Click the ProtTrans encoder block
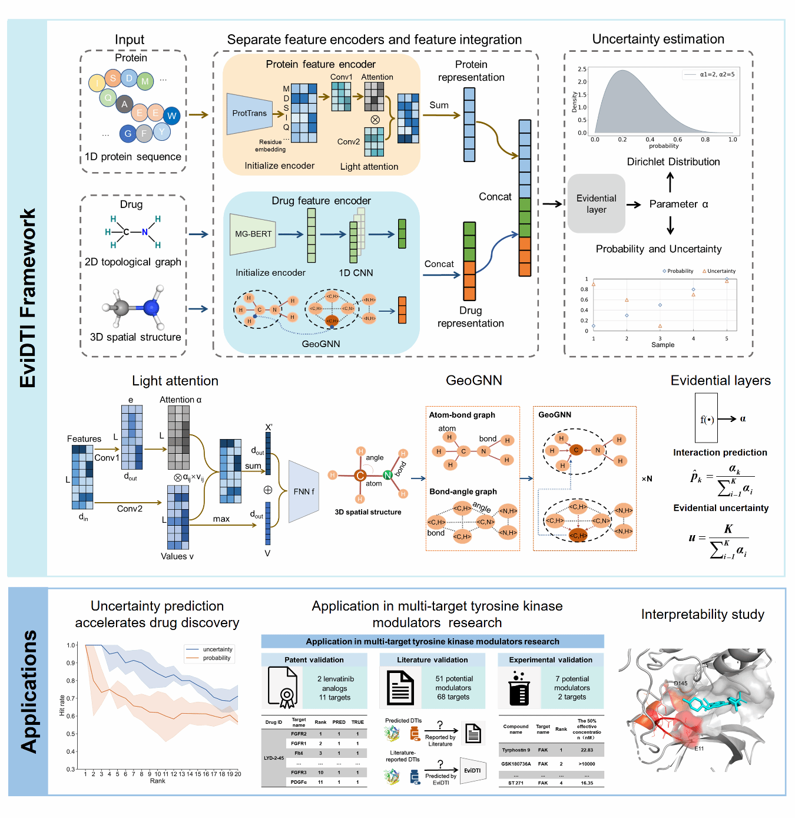249,113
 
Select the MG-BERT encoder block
253,234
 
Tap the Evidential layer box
596,204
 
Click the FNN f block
304,491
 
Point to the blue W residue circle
171,116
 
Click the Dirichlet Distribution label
673,161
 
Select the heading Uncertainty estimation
658,39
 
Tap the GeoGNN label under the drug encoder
321,344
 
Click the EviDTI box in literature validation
472,770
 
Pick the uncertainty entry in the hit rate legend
217,649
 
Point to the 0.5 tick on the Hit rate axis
71,734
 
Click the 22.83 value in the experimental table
587,750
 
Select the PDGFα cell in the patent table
299,782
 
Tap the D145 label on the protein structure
680,684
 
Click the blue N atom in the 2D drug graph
145,232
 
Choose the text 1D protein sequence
132,157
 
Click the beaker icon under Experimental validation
519,688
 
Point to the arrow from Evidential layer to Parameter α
634,204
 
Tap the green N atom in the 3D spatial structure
387,475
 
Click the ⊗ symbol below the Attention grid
375,120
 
